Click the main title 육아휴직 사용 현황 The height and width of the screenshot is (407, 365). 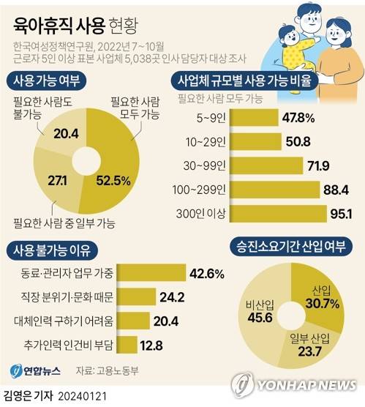pos(78,24)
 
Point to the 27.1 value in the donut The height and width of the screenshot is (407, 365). pos(56,180)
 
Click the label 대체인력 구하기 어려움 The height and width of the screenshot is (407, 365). pos(63,321)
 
